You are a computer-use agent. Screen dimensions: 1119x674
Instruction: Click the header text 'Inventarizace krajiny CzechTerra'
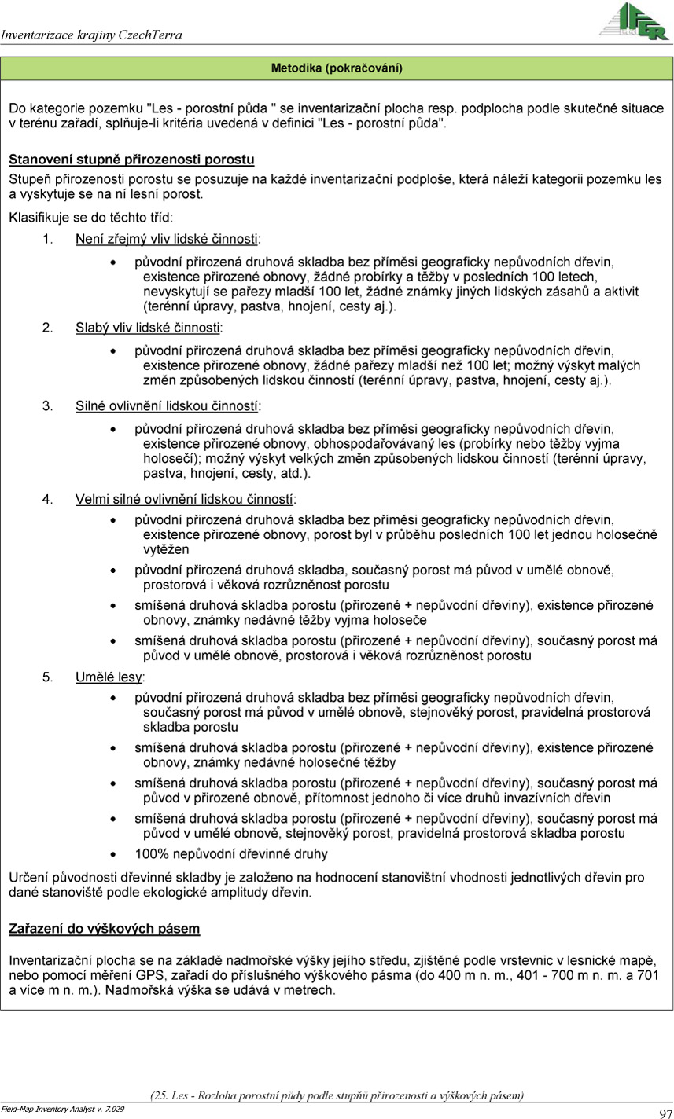91,35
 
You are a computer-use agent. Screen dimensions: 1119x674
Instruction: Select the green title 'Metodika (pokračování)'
337,68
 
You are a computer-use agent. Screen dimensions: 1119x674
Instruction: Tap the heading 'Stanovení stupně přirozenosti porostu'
131,160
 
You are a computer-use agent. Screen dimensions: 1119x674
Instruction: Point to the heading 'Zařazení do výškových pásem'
104,928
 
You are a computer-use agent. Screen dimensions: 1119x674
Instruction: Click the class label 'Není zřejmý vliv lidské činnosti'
168,238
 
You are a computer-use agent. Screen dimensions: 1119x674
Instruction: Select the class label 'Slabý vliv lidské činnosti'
149,326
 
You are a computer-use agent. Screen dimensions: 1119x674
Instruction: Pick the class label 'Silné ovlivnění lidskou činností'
168,405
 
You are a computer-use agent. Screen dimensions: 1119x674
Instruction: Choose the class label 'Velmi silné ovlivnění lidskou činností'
186,498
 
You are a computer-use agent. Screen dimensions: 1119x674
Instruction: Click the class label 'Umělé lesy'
109,676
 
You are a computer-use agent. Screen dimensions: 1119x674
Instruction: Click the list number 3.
46,405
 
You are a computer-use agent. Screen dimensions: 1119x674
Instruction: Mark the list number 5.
46,676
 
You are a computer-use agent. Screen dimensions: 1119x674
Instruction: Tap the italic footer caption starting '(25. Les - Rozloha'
337,1095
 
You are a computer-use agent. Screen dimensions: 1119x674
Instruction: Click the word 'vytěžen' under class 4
165,549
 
